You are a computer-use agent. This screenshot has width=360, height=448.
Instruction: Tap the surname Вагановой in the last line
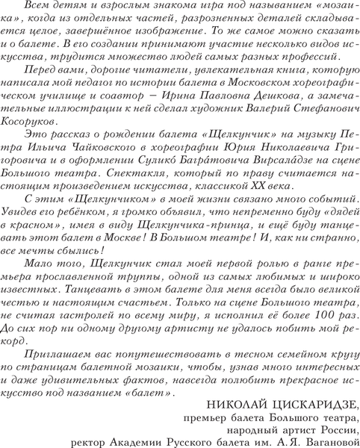pyautogui.click(x=327, y=441)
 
